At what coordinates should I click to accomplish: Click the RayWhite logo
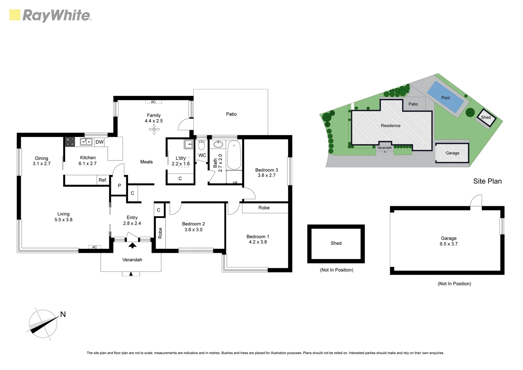50,15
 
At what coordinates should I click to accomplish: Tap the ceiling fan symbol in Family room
154,129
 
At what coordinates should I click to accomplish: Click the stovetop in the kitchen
70,142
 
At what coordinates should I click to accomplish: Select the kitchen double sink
86,141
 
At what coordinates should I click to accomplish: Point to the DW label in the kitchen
99,142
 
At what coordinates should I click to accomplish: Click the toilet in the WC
202,145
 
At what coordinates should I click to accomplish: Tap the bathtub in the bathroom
234,155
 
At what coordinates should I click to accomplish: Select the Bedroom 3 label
266,170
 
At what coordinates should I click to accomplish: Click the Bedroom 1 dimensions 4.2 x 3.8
258,242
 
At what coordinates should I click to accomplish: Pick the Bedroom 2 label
193,224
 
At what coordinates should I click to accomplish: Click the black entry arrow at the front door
132,245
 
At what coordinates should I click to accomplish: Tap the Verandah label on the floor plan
132,260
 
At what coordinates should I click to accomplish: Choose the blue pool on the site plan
445,97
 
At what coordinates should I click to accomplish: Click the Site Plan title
487,181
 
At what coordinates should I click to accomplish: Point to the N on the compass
63,314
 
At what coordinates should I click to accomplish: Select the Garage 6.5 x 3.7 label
448,241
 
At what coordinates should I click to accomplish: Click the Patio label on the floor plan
231,114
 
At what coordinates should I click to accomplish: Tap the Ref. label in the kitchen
103,180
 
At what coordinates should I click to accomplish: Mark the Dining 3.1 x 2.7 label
41,161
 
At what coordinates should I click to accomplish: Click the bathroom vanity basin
218,145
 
